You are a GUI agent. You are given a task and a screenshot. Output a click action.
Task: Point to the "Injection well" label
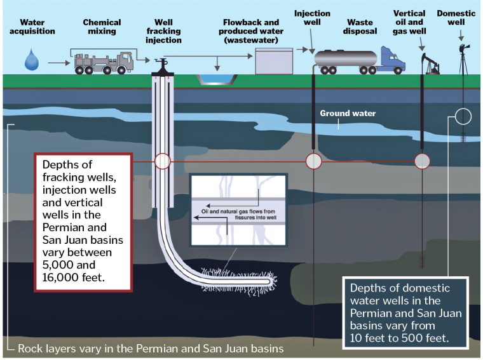313,18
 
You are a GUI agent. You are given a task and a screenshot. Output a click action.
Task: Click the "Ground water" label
348,114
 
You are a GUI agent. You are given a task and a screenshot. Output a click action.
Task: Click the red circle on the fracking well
163,161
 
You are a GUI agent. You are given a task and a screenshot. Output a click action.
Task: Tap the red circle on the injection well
313,161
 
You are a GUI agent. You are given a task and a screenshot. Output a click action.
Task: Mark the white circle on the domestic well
463,116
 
